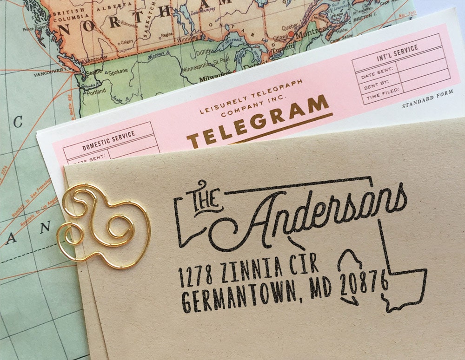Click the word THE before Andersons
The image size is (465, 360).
point(204,197)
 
